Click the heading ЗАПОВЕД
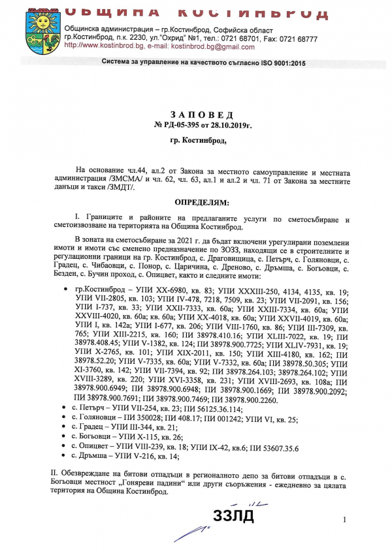pos(195,113)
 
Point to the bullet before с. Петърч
pos(67,410)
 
